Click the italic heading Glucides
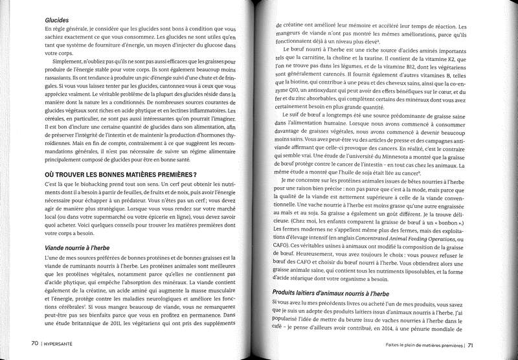pyautogui.click(x=58, y=20)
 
